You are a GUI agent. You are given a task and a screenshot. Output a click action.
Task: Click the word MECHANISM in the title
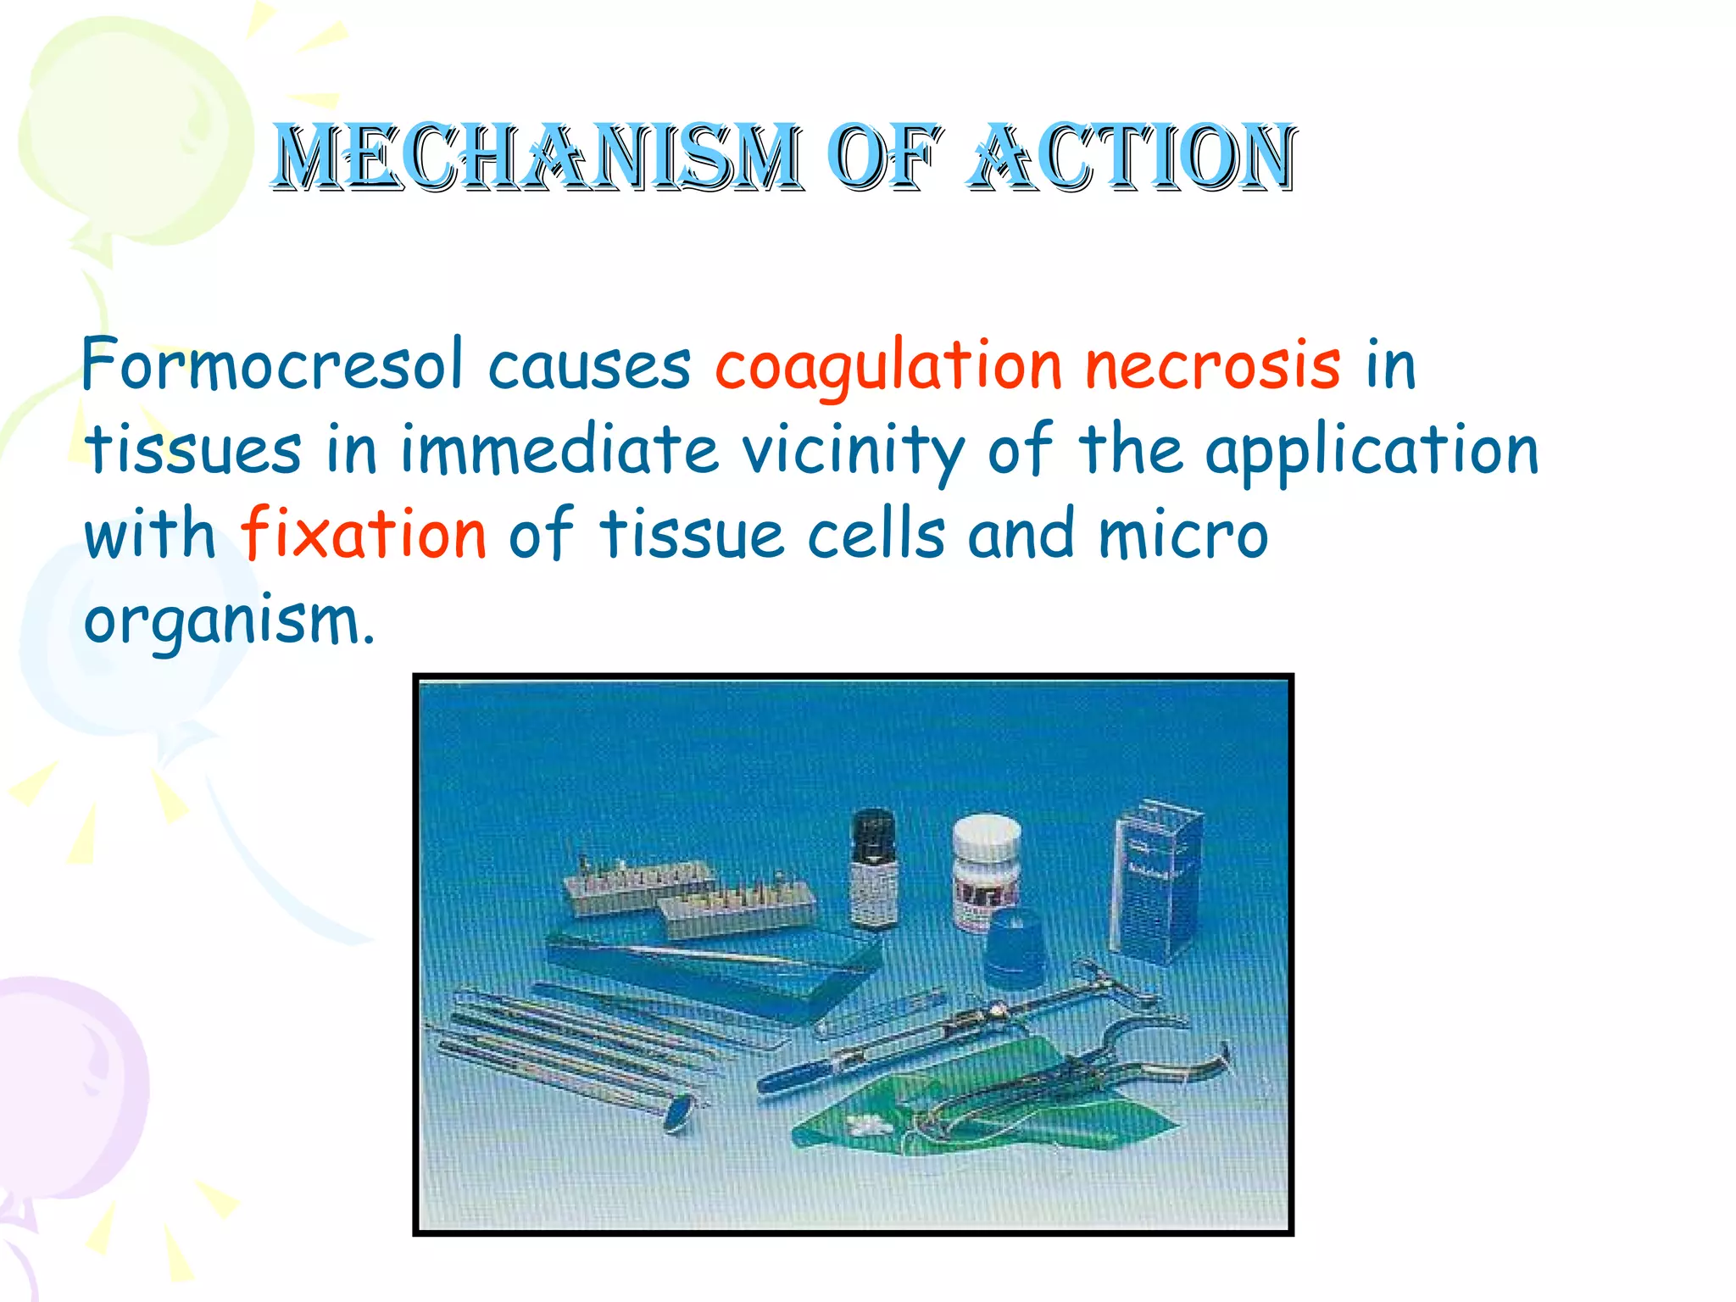coord(536,157)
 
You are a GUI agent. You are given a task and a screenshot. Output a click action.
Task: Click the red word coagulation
coord(887,369)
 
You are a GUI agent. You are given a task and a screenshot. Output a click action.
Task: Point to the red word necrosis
coord(1212,366)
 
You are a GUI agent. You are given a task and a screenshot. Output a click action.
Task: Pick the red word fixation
coord(364,534)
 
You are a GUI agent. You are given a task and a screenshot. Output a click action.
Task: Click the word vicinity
coord(853,451)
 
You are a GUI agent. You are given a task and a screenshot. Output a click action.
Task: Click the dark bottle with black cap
coord(873,869)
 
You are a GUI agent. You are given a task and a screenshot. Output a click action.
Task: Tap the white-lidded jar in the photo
coord(985,869)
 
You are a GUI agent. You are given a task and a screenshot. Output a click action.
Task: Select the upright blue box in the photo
coord(1157,882)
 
